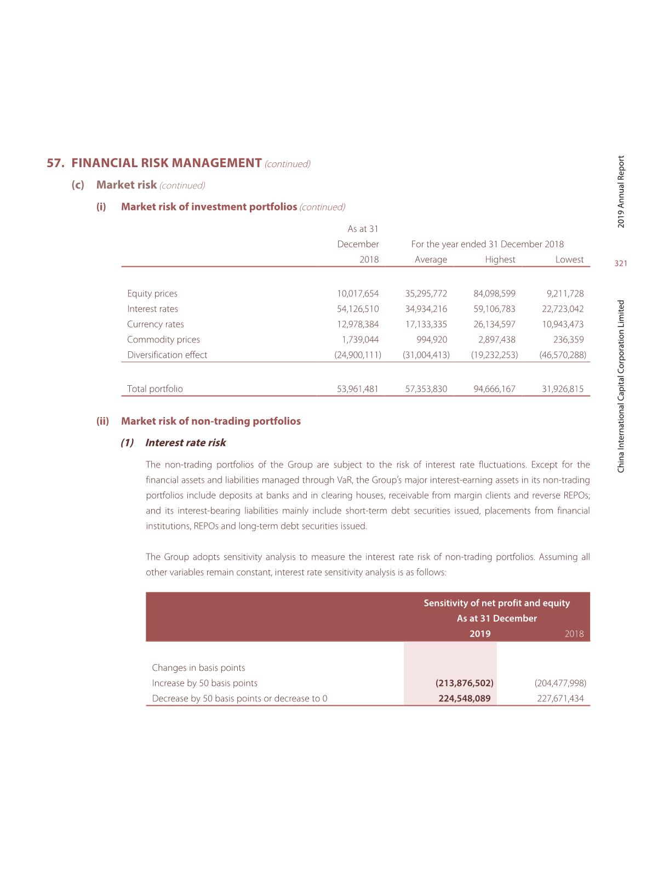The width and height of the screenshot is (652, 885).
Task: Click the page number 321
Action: (620, 264)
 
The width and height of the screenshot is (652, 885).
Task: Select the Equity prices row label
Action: (152, 294)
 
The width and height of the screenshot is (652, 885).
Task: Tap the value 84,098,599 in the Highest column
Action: (494, 294)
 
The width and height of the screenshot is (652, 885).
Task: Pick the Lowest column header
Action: (569, 260)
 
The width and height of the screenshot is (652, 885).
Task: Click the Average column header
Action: (431, 260)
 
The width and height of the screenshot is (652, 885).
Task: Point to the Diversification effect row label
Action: (167, 355)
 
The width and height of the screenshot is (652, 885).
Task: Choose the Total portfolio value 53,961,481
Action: (358, 389)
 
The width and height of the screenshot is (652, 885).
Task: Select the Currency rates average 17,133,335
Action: (426, 324)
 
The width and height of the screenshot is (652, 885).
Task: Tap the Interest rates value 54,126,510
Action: (358, 309)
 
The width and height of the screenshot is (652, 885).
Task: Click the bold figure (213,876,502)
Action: (465, 683)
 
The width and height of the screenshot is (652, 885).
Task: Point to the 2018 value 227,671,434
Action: (561, 699)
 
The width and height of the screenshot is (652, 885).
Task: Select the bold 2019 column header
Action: (480, 634)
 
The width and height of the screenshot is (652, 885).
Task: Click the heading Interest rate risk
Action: (185, 443)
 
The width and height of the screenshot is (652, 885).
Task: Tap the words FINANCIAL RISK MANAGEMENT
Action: (167, 163)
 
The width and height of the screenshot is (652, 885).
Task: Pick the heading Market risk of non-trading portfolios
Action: (210, 421)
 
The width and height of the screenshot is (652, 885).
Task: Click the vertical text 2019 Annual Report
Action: (621, 192)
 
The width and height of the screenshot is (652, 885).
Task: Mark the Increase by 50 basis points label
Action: (204, 683)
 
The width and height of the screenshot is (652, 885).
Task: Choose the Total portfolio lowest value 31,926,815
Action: (563, 389)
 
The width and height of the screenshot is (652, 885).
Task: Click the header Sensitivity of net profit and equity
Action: (496, 603)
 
